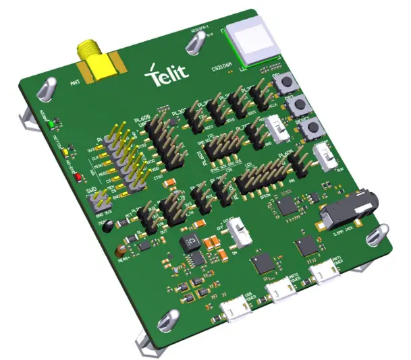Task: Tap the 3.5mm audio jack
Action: click(x=346, y=212)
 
